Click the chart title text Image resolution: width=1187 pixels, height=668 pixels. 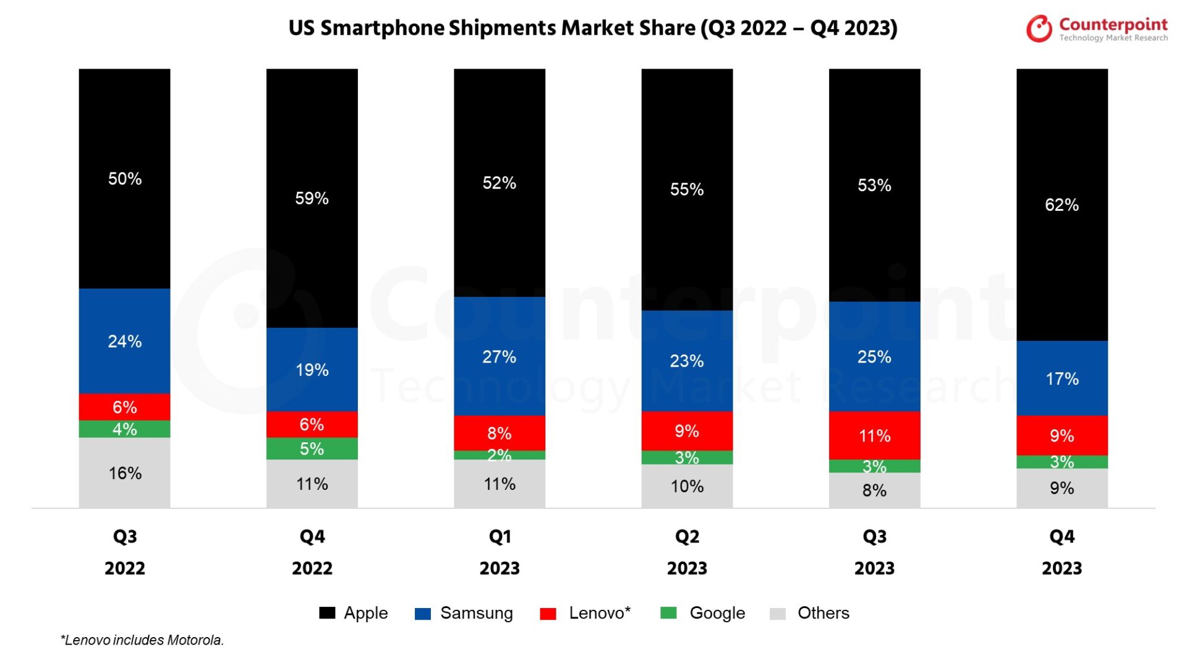tap(592, 28)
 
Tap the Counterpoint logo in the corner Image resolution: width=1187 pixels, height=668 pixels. tap(1097, 28)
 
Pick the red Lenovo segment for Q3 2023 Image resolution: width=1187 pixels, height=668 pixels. tap(874, 435)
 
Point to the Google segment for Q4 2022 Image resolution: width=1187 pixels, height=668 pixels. tap(312, 448)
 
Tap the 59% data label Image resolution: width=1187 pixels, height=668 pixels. tap(312, 199)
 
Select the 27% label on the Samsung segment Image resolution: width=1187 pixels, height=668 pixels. tap(500, 357)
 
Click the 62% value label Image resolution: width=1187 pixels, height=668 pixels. tap(1061, 205)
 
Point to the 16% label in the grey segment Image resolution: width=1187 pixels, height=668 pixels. tap(125, 473)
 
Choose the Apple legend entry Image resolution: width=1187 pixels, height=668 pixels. tap(354, 613)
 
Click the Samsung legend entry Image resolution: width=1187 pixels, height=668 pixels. tap(464, 613)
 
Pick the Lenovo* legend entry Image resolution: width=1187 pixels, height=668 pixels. tap(585, 613)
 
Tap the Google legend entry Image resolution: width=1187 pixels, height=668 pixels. tap(703, 613)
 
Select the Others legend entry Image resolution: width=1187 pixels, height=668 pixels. tap(810, 613)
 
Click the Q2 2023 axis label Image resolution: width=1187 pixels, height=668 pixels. tap(687, 552)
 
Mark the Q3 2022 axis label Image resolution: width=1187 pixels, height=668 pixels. tap(125, 552)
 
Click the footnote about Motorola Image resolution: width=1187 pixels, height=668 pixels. tap(142, 640)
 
